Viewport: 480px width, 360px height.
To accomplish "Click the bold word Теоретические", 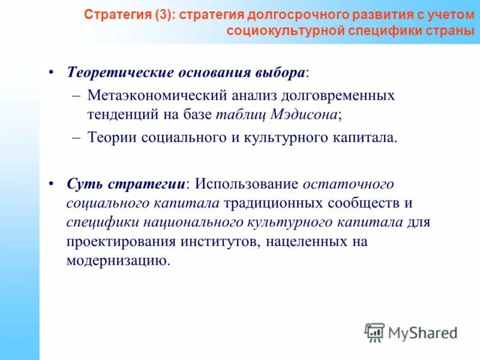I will tap(119, 72).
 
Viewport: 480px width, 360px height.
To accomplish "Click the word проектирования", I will tap(122, 242).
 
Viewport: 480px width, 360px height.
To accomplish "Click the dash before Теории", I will tap(76, 137).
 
